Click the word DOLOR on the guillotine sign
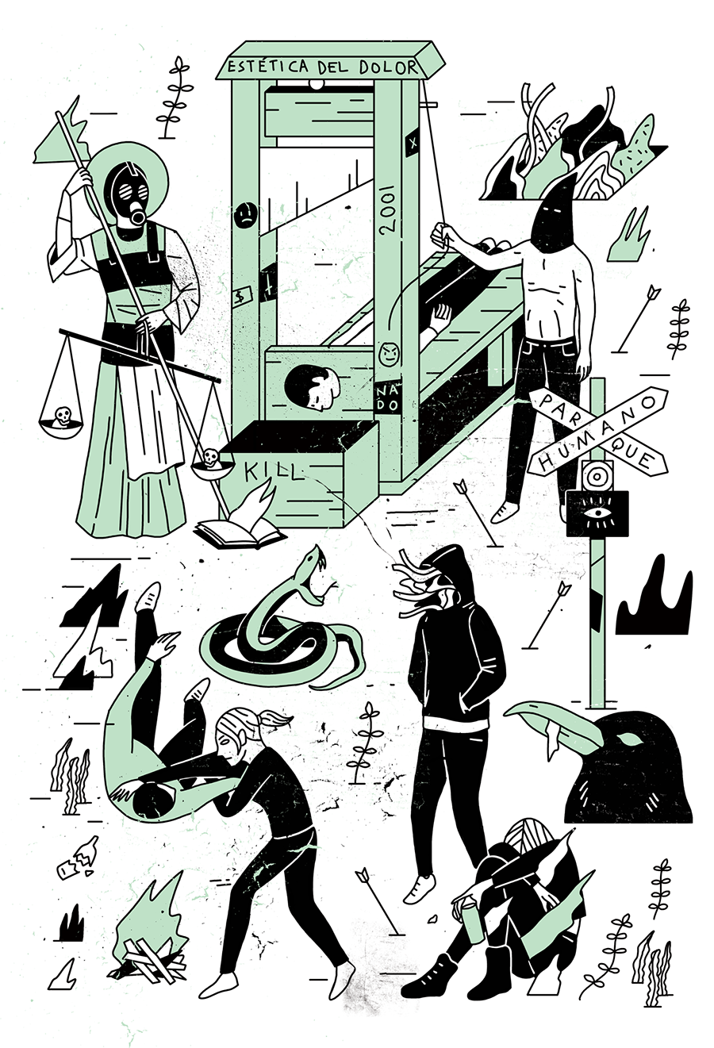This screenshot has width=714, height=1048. [389, 68]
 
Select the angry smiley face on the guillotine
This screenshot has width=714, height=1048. [390, 354]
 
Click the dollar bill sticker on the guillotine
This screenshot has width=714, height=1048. [243, 296]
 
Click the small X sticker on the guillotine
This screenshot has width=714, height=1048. [412, 144]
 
